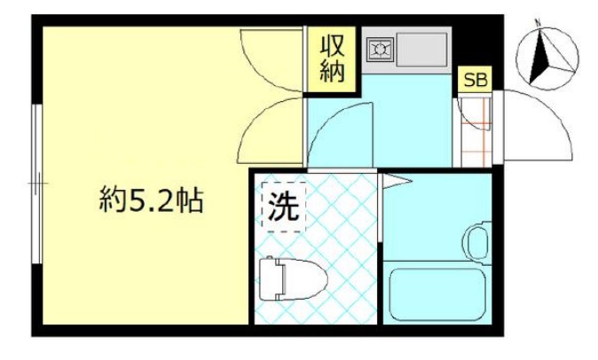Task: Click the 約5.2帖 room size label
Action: [151, 202]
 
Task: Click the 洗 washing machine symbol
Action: [283, 207]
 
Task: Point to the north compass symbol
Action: [547, 55]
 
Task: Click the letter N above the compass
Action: [538, 20]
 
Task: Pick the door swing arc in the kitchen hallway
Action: [342, 133]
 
